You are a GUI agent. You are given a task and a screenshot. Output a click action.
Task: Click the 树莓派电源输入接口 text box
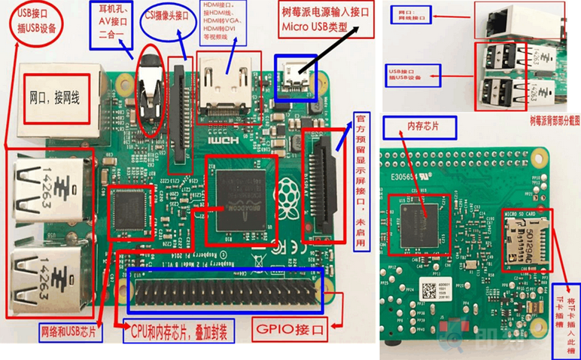coord(326,22)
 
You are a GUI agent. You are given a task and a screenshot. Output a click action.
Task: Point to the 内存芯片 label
coord(421,126)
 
